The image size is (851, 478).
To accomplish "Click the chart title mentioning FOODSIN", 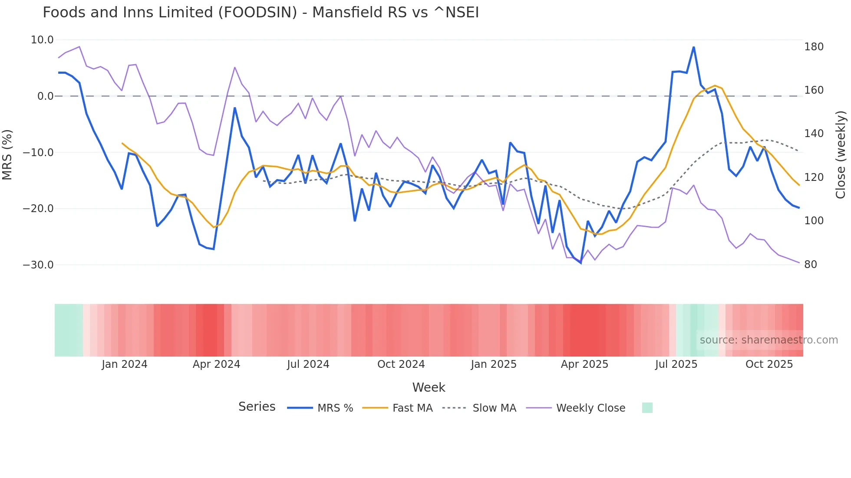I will [261, 13].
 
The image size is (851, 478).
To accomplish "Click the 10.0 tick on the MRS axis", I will [42, 40].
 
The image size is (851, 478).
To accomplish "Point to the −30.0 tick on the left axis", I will [38, 265].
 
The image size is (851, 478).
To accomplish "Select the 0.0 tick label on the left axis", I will [45, 96].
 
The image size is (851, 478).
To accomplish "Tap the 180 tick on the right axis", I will [814, 47].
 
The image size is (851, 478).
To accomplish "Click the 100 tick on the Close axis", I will [814, 221].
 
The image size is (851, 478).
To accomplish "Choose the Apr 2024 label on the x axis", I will [216, 364].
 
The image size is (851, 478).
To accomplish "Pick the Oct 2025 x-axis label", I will [769, 364].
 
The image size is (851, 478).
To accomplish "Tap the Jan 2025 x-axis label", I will [494, 364].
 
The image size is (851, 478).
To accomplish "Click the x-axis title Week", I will [429, 387].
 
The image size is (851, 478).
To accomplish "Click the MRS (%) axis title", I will [7, 154].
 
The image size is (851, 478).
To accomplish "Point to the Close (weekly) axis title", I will [841, 154].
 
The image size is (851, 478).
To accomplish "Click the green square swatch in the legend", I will [647, 408].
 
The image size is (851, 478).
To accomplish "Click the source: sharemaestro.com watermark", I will [769, 340].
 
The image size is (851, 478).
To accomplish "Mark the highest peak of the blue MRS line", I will [693, 47].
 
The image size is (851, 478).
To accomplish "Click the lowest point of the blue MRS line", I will [581, 263].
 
